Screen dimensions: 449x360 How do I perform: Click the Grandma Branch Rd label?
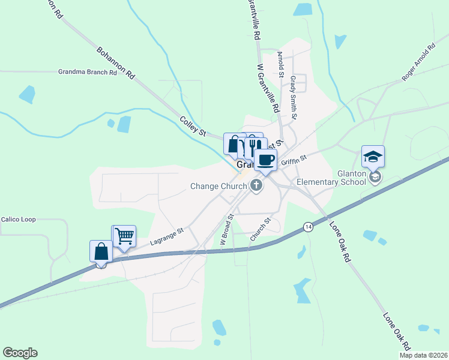point(87,72)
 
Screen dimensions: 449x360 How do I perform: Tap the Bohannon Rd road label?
point(115,61)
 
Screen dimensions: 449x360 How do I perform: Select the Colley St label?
point(193,125)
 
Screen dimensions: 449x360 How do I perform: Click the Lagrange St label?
point(167,234)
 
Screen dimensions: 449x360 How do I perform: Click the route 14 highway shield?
point(308,227)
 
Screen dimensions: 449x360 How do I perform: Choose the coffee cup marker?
point(265,160)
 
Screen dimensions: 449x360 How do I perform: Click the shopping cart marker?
point(124,236)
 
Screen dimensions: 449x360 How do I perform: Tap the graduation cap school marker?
point(373,157)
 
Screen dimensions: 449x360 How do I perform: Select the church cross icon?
point(256,185)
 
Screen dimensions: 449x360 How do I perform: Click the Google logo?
point(20,353)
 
